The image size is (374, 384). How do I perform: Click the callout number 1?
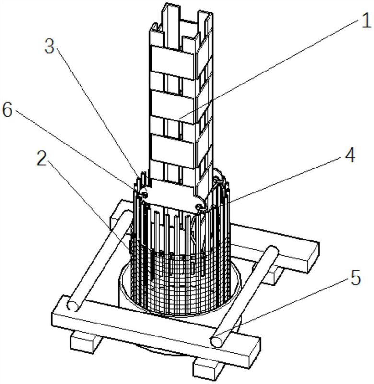pos(366,21)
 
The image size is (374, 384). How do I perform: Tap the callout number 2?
pos(42,158)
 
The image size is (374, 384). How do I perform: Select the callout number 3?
pos(49,46)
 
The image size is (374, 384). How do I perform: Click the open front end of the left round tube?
pos(73,306)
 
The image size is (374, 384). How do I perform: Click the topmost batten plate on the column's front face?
pos(173,62)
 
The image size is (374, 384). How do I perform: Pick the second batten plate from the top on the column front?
pos(173,107)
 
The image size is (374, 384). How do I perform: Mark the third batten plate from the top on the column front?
pos(173,151)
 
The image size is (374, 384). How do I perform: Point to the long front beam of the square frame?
pos(156,329)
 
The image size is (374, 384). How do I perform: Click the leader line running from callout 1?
pos(269,69)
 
